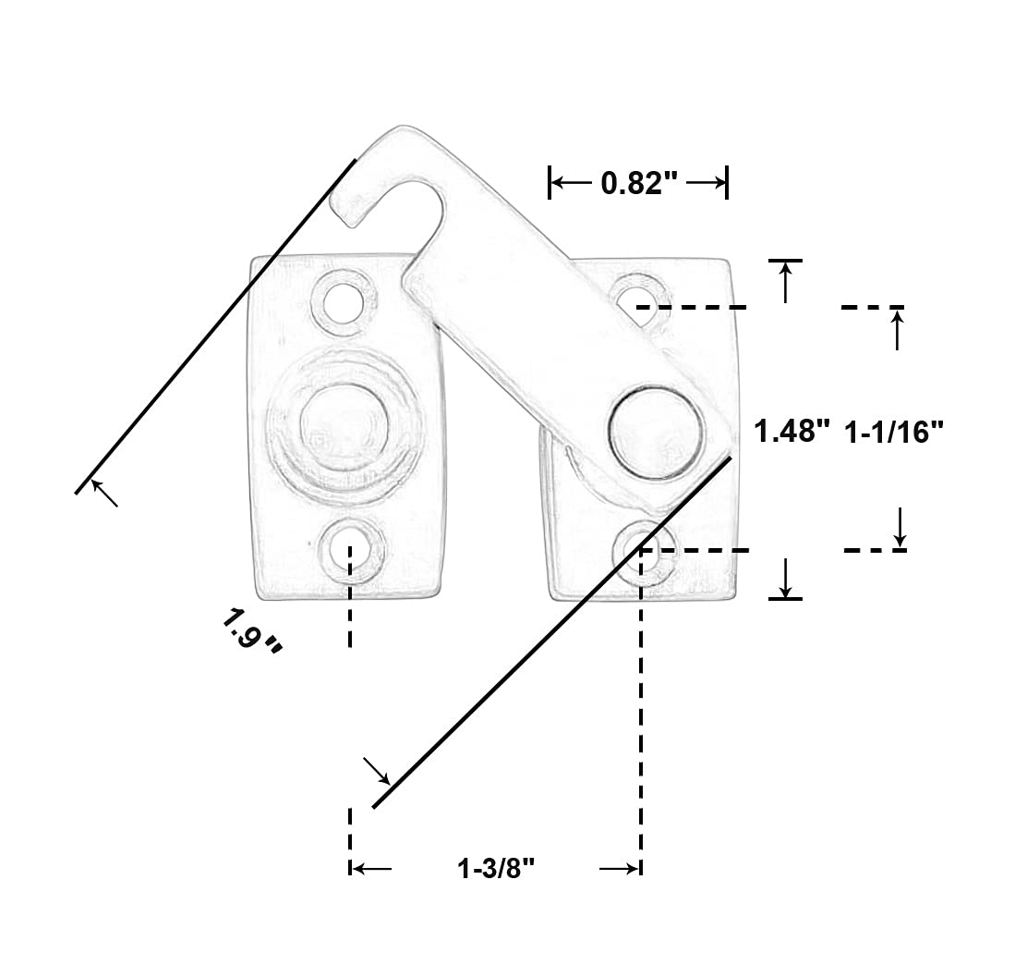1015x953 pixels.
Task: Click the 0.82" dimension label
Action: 639,183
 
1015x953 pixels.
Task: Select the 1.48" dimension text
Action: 791,432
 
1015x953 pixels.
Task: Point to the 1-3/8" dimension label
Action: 496,869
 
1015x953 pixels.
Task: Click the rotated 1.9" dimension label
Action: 250,630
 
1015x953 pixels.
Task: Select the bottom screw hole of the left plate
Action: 350,547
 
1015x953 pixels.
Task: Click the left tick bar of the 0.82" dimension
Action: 550,182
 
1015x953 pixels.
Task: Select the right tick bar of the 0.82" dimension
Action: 728,182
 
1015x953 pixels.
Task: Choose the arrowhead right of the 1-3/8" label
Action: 620,869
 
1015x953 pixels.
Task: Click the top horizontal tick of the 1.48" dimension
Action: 785,261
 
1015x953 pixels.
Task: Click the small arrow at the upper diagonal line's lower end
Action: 104,495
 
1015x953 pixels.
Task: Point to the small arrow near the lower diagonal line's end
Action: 379,771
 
